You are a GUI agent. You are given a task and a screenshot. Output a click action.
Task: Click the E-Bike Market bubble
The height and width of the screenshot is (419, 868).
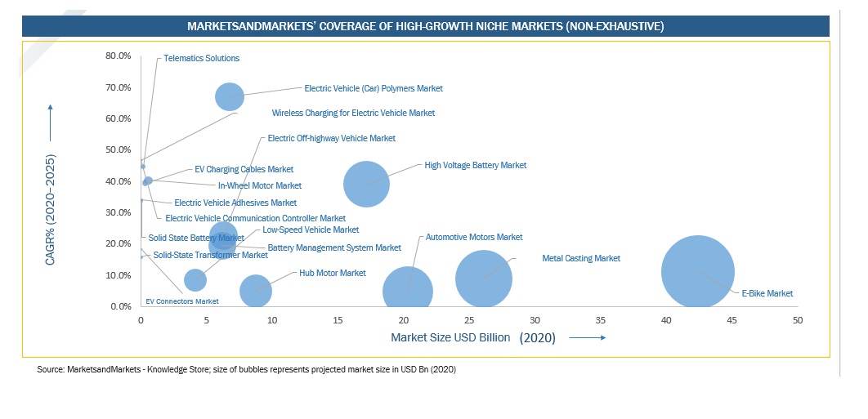coord(697,272)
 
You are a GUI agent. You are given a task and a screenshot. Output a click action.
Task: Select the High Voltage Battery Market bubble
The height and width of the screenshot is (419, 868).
coord(366,184)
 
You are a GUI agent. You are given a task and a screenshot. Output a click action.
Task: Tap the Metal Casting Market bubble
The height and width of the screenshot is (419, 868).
coord(484,278)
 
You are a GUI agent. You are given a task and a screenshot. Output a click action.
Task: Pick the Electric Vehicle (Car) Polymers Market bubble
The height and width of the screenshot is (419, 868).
coord(230,96)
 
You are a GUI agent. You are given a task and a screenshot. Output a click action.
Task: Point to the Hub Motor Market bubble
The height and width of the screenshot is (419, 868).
coord(256,290)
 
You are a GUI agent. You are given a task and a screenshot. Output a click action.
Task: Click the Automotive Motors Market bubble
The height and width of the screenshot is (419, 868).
coord(408,291)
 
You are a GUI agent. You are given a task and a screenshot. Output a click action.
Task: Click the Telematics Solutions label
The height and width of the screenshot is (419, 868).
coord(201,58)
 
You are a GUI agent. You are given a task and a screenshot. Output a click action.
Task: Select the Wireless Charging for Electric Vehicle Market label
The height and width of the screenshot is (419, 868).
coord(353,113)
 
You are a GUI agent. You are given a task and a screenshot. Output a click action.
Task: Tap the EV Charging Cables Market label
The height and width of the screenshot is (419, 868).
coord(244,169)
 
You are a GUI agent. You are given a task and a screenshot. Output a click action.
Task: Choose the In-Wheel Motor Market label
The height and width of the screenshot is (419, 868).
coord(259,185)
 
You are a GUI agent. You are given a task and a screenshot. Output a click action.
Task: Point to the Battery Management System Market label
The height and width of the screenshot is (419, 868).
coord(334,247)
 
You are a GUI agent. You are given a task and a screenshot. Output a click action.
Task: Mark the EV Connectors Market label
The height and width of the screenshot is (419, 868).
coord(181,301)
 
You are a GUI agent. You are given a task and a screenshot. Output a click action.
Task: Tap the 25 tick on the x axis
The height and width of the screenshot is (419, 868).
coord(469,319)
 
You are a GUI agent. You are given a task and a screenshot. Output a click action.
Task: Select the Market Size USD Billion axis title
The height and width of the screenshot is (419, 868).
coord(450,337)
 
